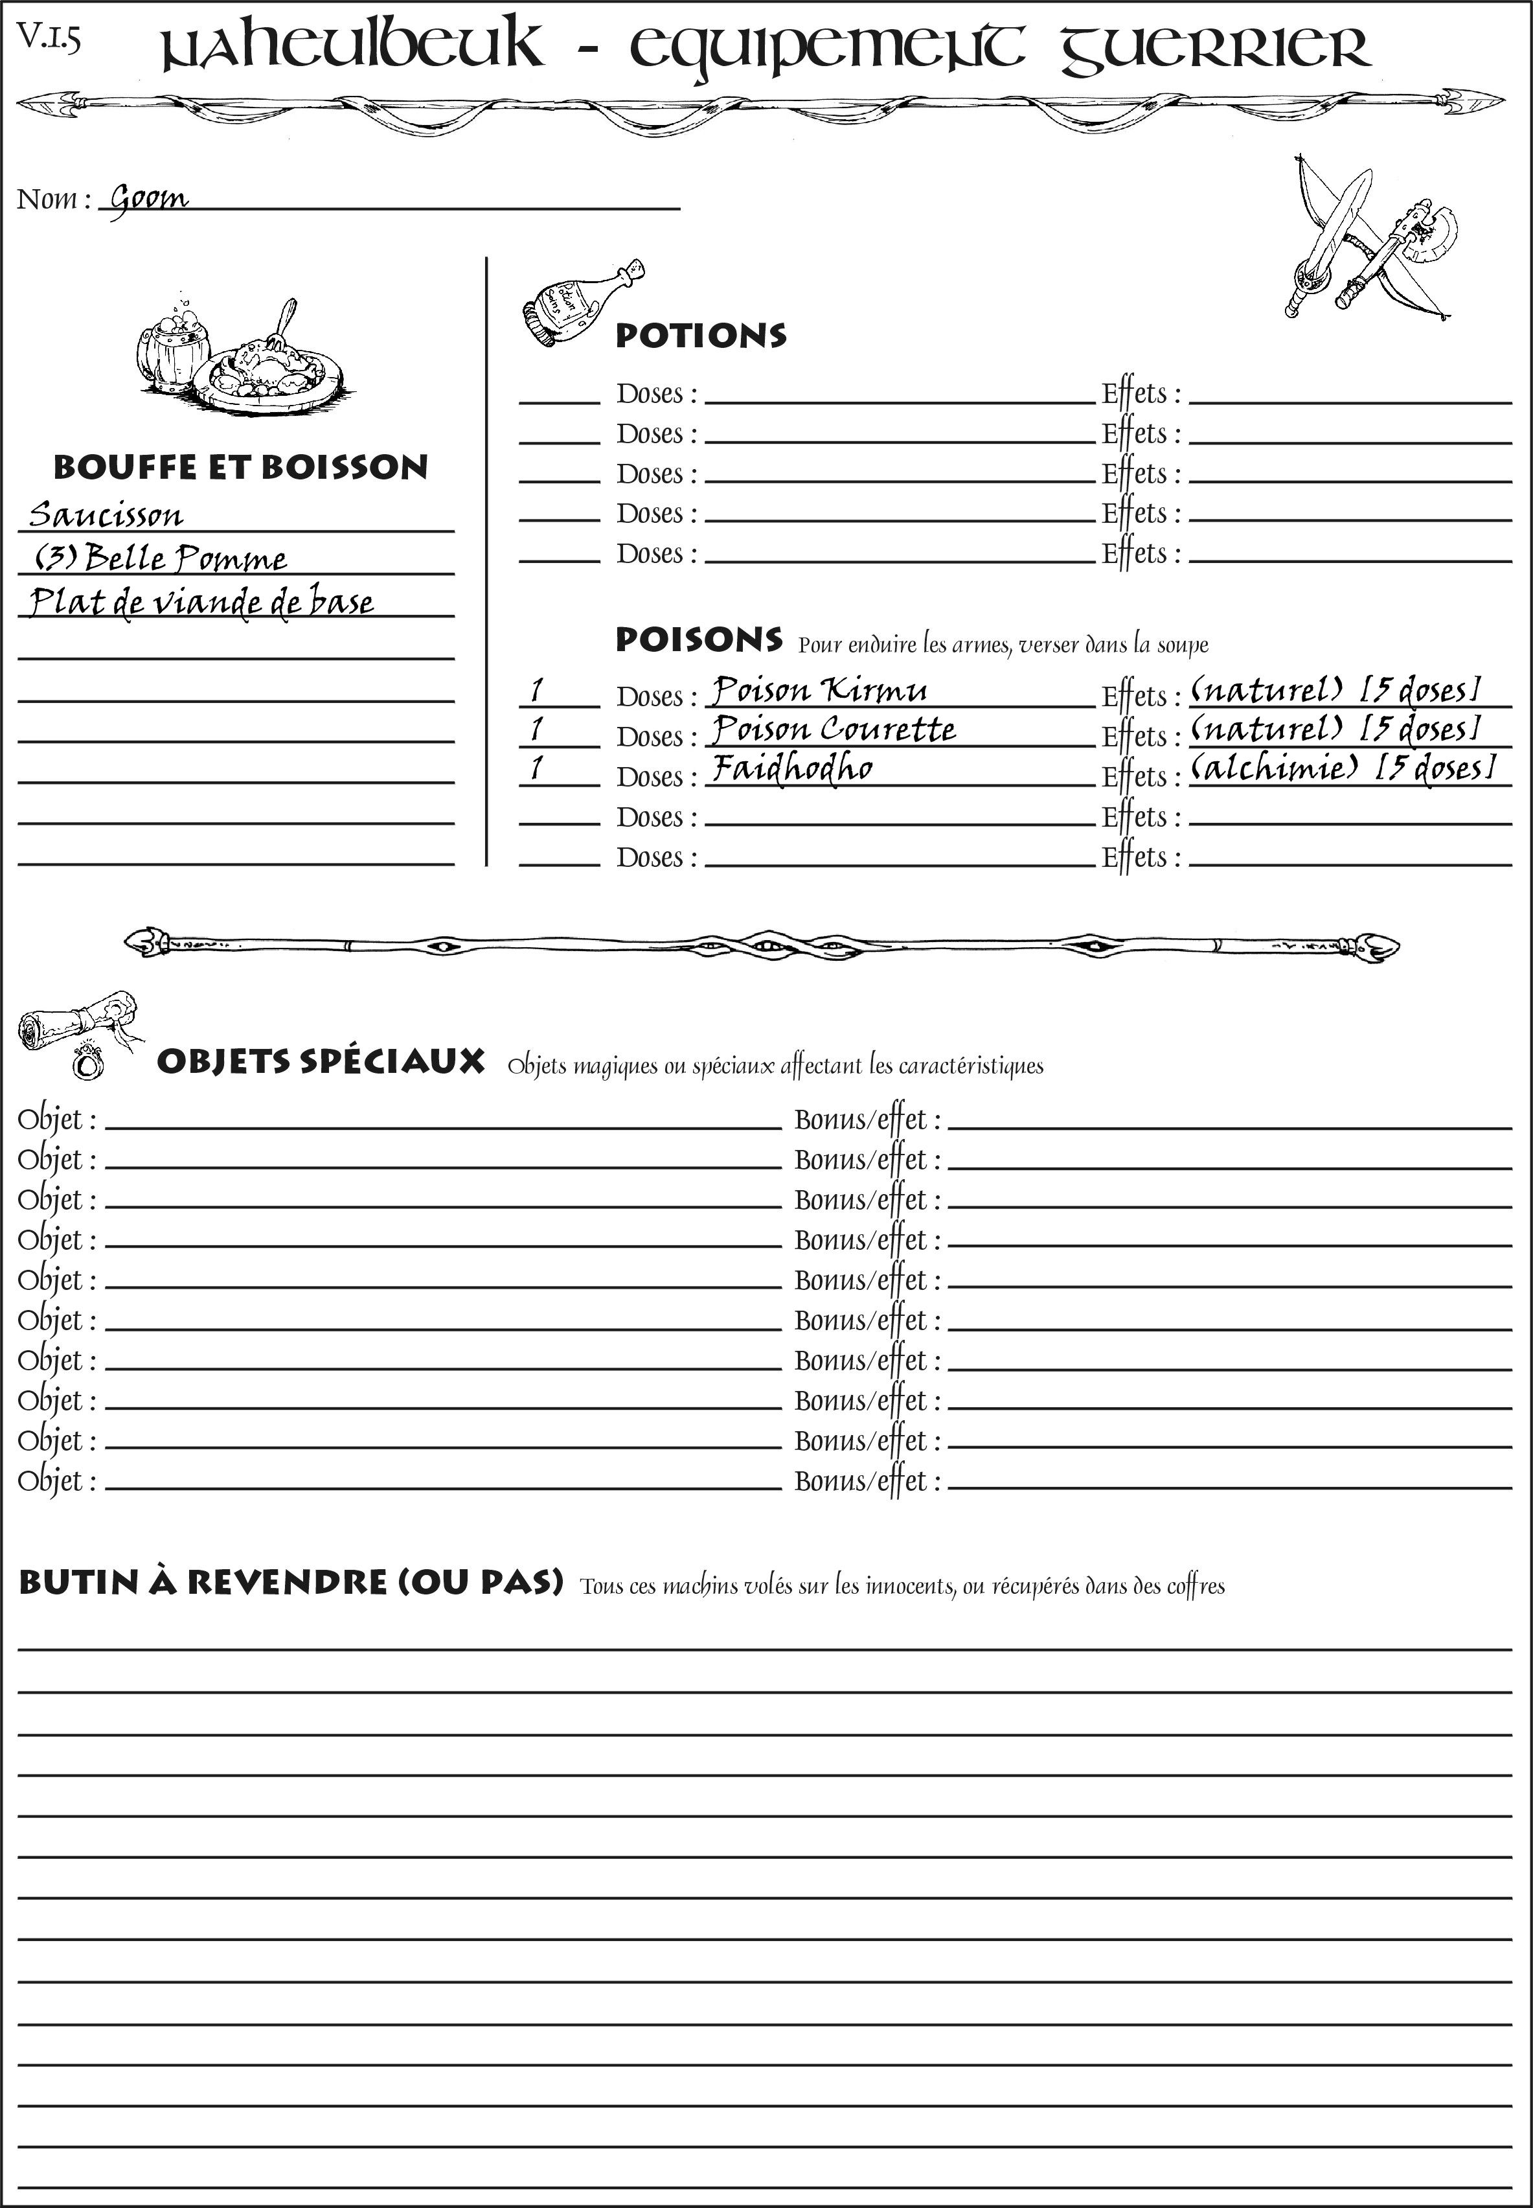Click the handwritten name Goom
149,199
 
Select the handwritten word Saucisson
106,515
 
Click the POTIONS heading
700,336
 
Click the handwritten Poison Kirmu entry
819,690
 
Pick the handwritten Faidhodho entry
793,768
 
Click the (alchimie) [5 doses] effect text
1343,768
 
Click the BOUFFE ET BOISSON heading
240,467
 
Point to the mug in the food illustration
173,346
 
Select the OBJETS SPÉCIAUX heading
320,1062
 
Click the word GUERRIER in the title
1215,48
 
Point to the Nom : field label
54,199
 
